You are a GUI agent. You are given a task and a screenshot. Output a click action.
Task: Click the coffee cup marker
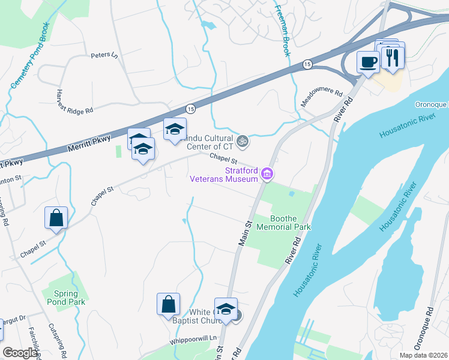[x=367, y=61]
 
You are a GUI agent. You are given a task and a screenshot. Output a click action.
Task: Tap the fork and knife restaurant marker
[x=393, y=58]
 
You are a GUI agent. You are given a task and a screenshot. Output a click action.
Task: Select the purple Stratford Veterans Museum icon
[x=268, y=175]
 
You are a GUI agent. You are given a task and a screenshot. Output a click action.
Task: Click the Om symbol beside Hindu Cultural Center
[x=242, y=142]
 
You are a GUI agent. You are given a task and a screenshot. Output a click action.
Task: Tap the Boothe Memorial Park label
[x=283, y=223]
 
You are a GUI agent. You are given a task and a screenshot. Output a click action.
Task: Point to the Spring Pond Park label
[x=65, y=298]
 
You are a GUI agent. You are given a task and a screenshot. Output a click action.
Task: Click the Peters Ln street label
[x=104, y=55]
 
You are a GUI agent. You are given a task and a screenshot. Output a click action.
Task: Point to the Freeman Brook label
[x=283, y=30]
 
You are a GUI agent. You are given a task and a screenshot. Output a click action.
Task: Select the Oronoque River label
[x=431, y=104]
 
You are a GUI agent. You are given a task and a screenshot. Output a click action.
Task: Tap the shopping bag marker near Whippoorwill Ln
[x=169, y=305]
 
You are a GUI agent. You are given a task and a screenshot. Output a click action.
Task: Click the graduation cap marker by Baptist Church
[x=226, y=310]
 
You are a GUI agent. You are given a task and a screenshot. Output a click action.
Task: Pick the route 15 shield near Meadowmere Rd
[x=307, y=64]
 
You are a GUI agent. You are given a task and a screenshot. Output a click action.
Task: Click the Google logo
[x=20, y=353]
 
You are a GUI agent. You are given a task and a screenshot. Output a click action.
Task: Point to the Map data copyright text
[x=423, y=355]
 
